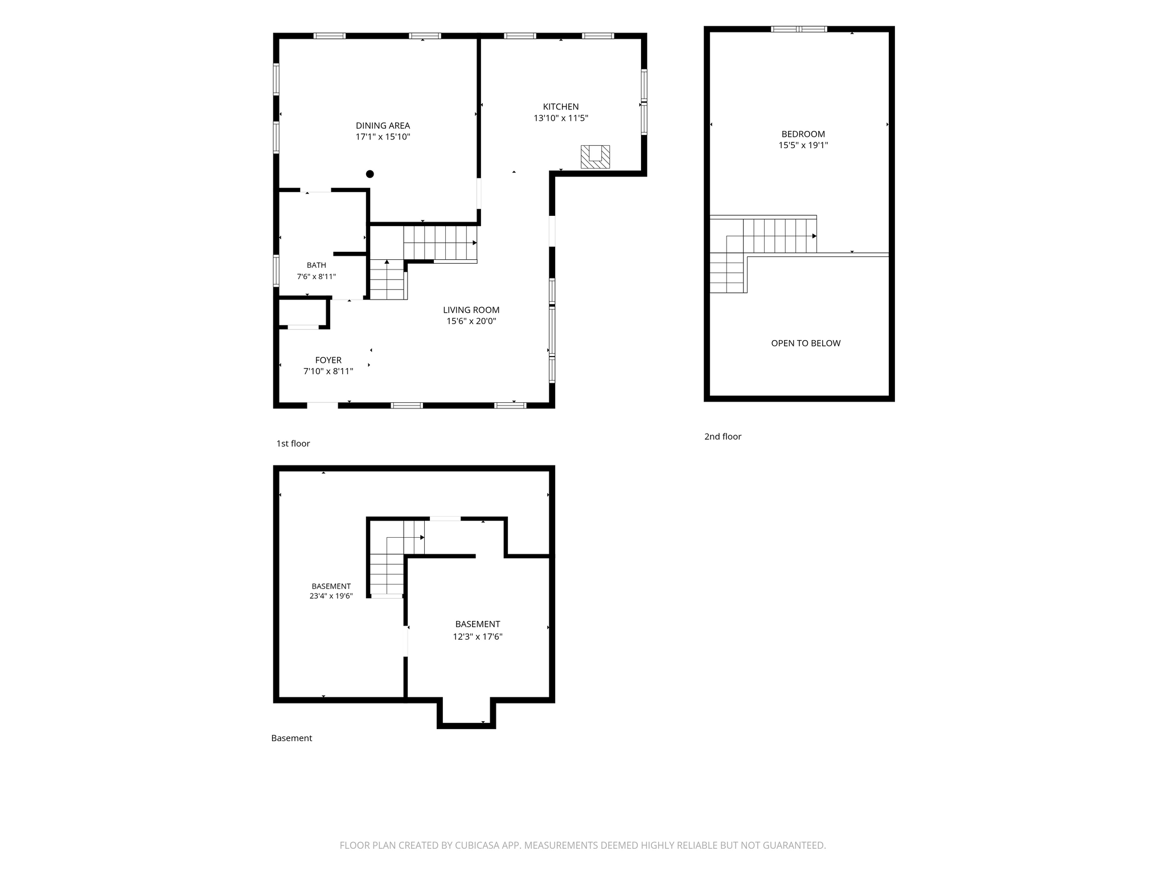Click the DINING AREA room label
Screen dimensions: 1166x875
[x=383, y=125]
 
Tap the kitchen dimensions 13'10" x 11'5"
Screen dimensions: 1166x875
[x=561, y=118]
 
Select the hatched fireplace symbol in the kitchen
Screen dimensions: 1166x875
[x=595, y=157]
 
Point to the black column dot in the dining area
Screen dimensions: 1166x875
[x=370, y=174]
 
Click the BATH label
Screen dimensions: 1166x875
[x=317, y=265]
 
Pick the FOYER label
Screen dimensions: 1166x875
[x=329, y=360]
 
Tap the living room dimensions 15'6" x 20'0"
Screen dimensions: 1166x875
[x=471, y=321]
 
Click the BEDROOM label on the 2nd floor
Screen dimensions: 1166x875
[x=803, y=134]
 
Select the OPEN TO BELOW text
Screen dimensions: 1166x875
[x=806, y=343]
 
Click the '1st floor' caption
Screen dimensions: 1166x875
[x=293, y=443]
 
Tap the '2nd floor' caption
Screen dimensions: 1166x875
[x=723, y=436]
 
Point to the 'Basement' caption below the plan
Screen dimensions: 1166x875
[x=291, y=738]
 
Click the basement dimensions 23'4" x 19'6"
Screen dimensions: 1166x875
[x=331, y=596]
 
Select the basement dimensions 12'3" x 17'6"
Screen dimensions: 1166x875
[x=478, y=637]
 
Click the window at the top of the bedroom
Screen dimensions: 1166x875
[x=799, y=29]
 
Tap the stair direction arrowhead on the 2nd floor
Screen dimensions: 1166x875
[x=815, y=236]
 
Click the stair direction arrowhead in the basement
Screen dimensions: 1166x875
[x=422, y=537]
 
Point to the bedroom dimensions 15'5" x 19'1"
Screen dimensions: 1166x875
[x=803, y=145]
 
